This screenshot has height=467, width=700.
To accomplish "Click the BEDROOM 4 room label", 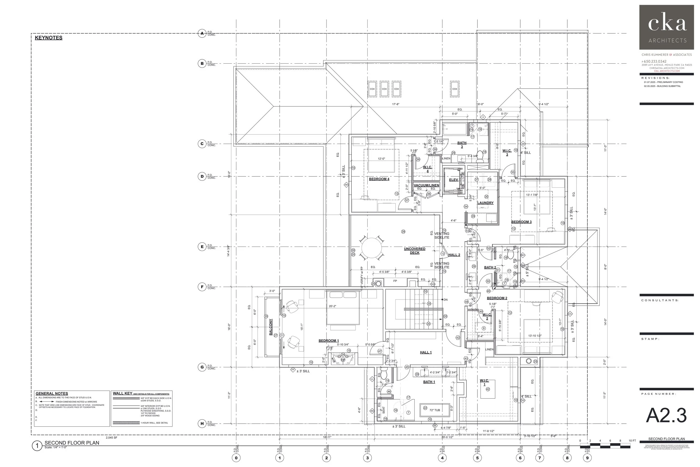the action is point(379,179).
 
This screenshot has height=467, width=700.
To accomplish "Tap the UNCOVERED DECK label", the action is point(414,251).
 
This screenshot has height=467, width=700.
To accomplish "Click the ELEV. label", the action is point(454,180).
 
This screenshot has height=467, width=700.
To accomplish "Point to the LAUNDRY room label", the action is point(486,203).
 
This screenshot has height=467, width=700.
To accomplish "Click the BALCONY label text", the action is point(271,327).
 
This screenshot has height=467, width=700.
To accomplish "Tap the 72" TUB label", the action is point(435,410).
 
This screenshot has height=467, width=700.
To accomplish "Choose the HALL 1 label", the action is point(426,352).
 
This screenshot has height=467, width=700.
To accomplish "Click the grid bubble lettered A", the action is point(202,33).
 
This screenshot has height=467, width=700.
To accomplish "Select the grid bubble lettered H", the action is point(202,424).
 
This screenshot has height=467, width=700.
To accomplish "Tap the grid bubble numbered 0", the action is point(236,458).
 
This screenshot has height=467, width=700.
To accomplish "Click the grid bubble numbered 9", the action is point(587,458).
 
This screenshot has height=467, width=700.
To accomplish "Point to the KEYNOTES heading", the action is point(48,38).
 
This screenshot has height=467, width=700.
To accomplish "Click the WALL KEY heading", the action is point(122,393).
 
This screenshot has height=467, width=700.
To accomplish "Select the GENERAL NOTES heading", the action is point(52,393).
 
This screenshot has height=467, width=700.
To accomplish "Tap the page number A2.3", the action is point(666,415).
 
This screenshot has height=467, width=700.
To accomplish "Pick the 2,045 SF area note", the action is point(112,438).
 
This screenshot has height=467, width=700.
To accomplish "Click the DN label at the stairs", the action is point(445,300).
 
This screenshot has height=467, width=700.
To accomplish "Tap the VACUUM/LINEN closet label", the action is point(426,185).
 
